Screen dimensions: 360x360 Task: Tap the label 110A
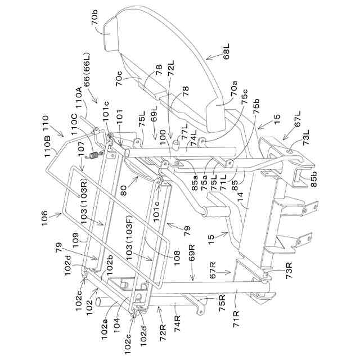point(80,101)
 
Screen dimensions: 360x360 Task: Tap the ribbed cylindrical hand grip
point(218,214)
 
